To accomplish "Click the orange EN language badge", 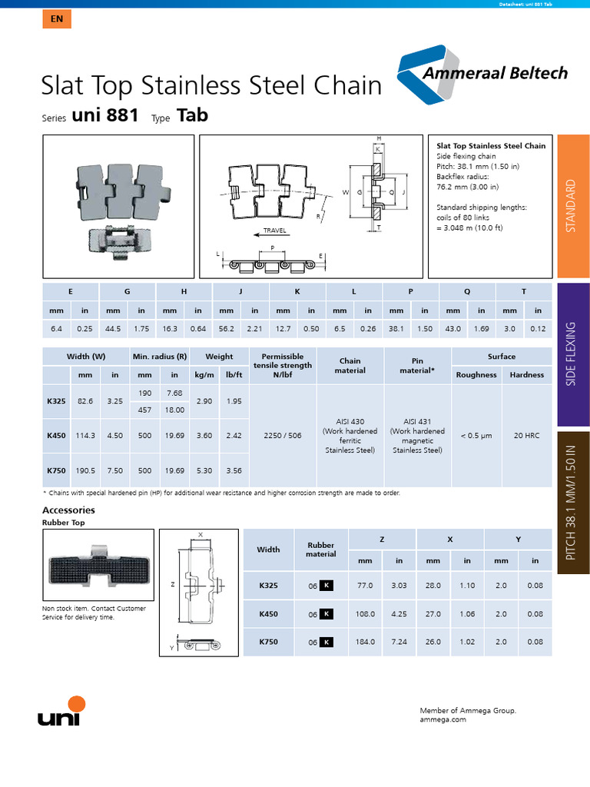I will (57, 19).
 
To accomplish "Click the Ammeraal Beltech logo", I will (483, 73).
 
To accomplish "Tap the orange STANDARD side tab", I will (572, 206).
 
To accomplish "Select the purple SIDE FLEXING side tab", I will (572, 354).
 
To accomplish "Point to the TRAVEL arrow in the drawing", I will (273, 231).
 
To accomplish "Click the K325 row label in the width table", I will (56, 401).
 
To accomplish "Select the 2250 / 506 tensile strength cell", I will (283, 435).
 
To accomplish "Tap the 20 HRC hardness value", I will (526, 435).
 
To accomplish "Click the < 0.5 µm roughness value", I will (476, 435).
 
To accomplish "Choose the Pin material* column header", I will (417, 365).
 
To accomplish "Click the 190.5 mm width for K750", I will (85, 470).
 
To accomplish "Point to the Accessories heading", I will (68, 510).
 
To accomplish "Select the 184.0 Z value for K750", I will (365, 642).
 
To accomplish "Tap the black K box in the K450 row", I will (326, 614).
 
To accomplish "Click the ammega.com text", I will (443, 720).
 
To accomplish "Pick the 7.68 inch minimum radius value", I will (174, 393).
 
